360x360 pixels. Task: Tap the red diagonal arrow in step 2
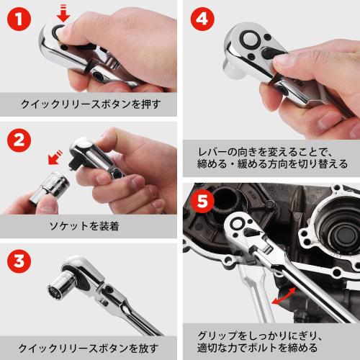[x=54, y=157]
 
